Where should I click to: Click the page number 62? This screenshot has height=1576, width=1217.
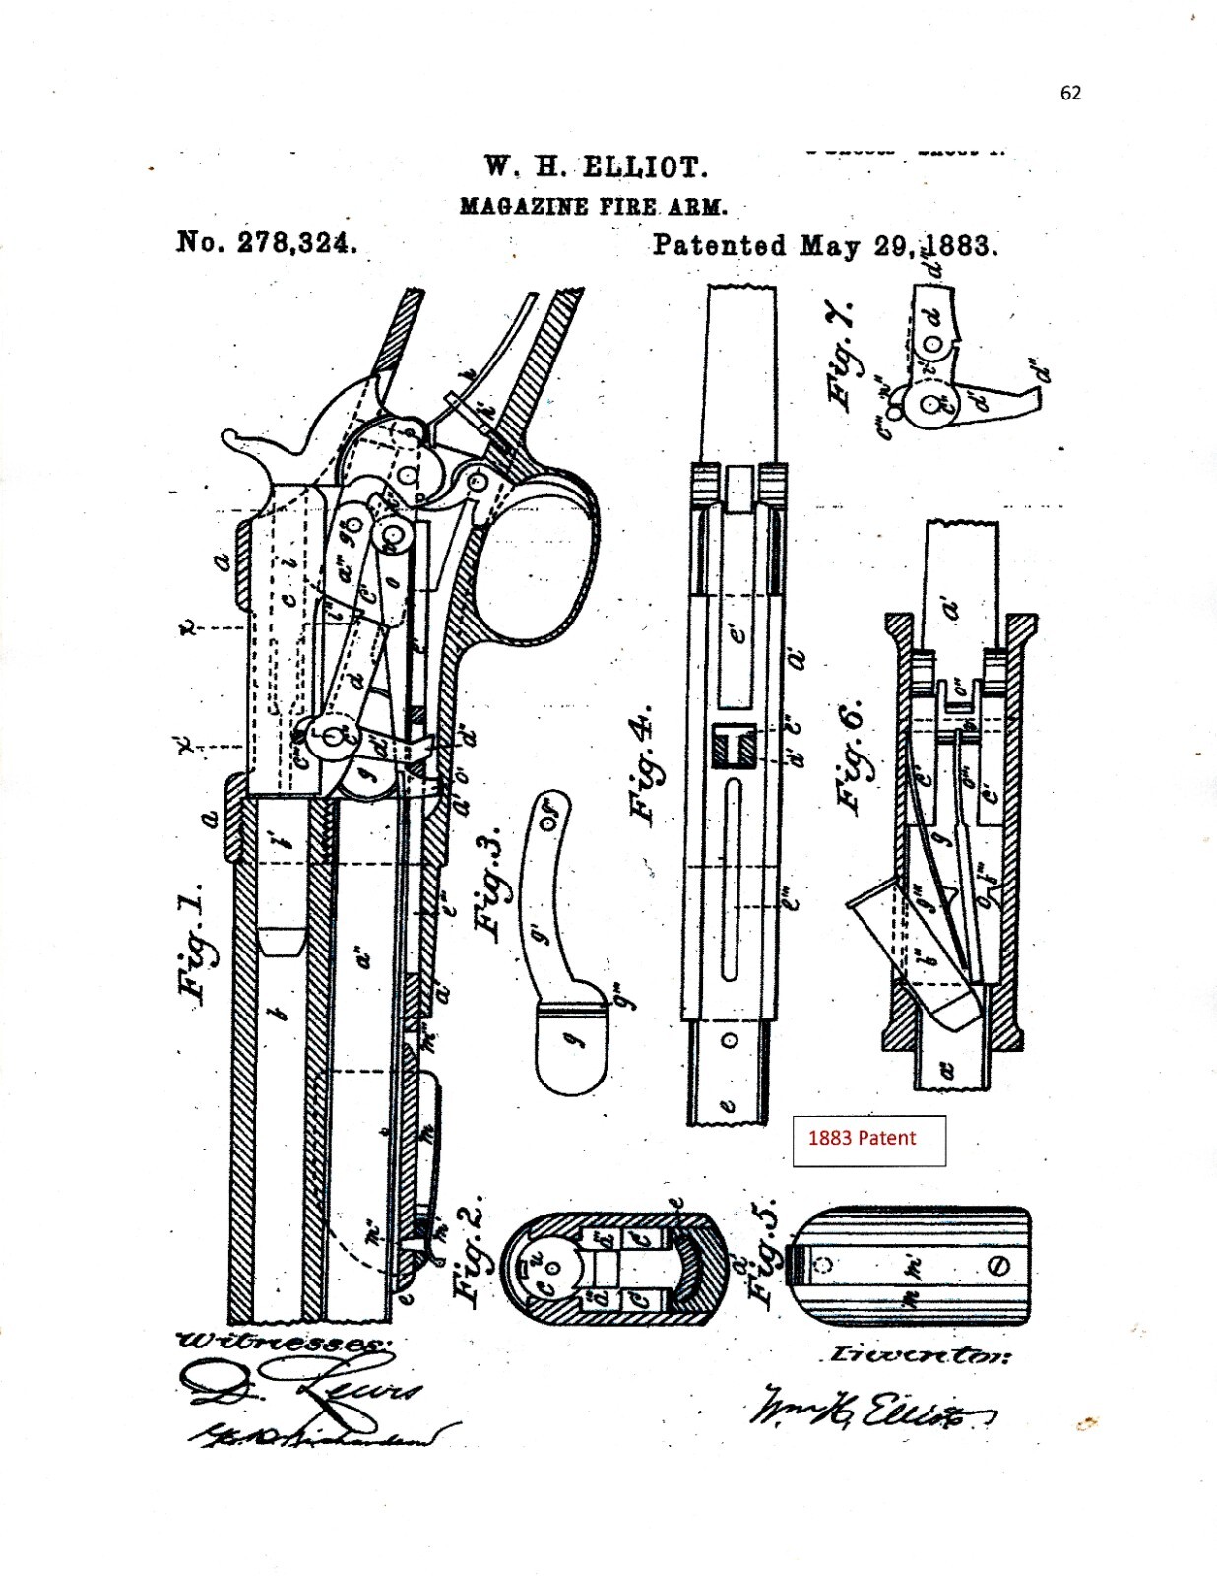click(1070, 93)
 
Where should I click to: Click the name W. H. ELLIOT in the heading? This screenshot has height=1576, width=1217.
click(596, 166)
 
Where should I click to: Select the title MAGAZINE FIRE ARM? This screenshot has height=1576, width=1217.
click(594, 207)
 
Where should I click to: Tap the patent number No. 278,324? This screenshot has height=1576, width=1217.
click(266, 241)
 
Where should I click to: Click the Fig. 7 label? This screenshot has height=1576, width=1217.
click(844, 355)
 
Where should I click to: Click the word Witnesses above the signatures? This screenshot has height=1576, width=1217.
click(279, 1342)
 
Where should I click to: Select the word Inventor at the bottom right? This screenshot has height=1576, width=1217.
click(919, 1354)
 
